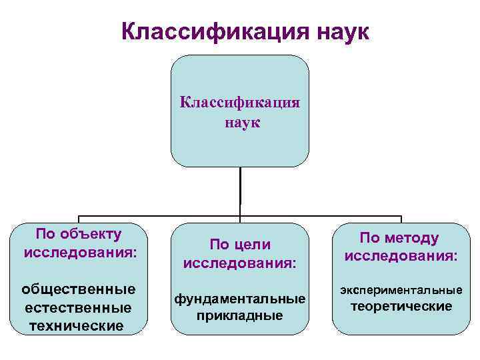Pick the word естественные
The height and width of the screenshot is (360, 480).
78,307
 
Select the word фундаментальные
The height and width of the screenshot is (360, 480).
240,298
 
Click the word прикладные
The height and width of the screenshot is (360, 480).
240,315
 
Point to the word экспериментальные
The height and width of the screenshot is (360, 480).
401,290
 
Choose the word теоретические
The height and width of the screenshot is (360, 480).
401,307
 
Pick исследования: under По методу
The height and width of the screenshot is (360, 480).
401,256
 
